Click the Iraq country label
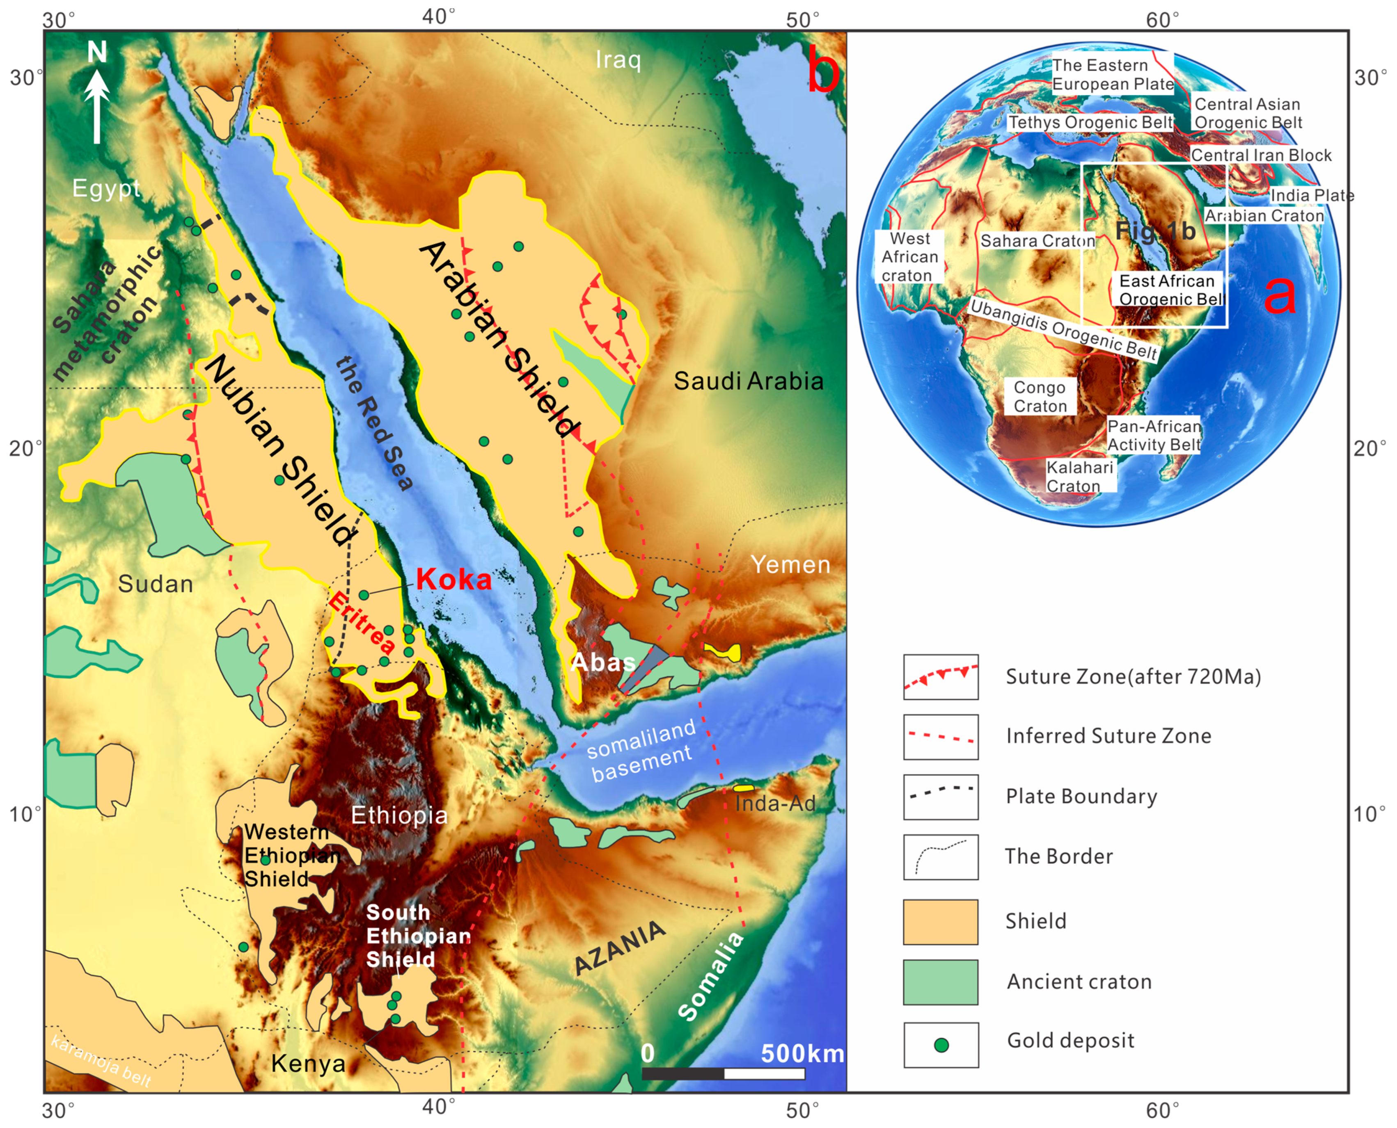coord(618,60)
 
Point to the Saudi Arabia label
coord(748,381)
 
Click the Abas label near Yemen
coord(602,662)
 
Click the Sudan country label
coord(156,584)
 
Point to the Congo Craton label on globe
coord(1040,396)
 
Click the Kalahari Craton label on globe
coord(1079,476)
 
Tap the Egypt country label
coord(106,188)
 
